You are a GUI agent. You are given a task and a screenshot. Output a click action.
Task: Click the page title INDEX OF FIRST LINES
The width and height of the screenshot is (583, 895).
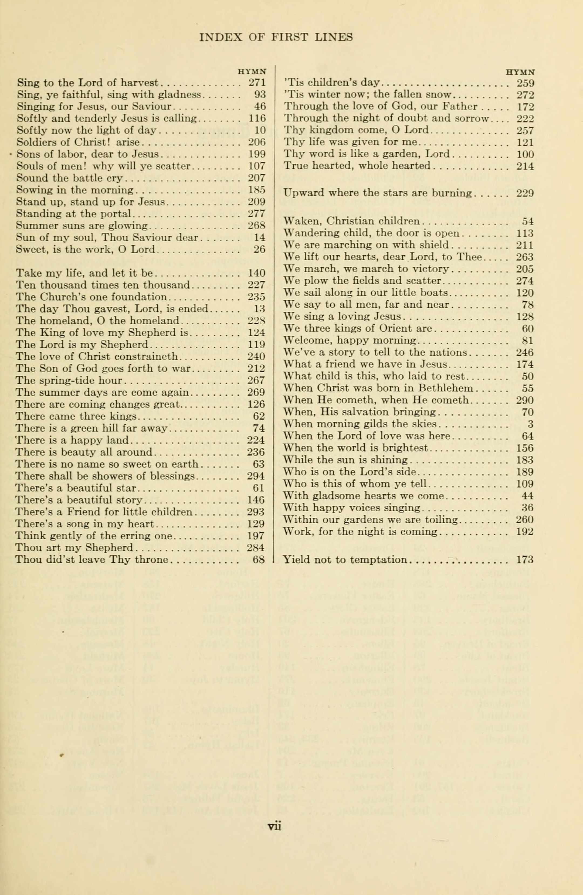click(x=276, y=37)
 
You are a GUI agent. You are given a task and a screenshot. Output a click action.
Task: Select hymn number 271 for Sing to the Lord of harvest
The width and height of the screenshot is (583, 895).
click(x=257, y=82)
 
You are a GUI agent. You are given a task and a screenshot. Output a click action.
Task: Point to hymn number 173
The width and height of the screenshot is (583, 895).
click(x=525, y=560)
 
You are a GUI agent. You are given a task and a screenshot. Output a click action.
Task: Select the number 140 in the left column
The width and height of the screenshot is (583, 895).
click(x=257, y=273)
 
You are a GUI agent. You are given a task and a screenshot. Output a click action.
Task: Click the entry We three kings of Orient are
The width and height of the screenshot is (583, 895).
click(x=358, y=329)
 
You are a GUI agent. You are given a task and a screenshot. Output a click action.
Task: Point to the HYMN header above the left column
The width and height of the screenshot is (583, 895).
click(x=252, y=71)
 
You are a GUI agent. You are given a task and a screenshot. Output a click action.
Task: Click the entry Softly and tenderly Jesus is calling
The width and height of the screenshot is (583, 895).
click(x=106, y=118)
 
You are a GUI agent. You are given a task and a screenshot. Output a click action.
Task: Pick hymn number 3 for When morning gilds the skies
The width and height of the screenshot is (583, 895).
click(x=530, y=424)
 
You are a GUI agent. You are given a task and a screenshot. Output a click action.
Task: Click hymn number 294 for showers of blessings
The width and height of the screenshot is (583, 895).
click(x=256, y=476)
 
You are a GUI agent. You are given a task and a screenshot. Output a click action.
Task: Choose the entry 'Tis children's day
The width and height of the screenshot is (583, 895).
click(x=333, y=82)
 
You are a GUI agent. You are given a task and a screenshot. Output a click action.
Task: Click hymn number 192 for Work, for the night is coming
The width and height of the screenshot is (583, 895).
click(x=525, y=532)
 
